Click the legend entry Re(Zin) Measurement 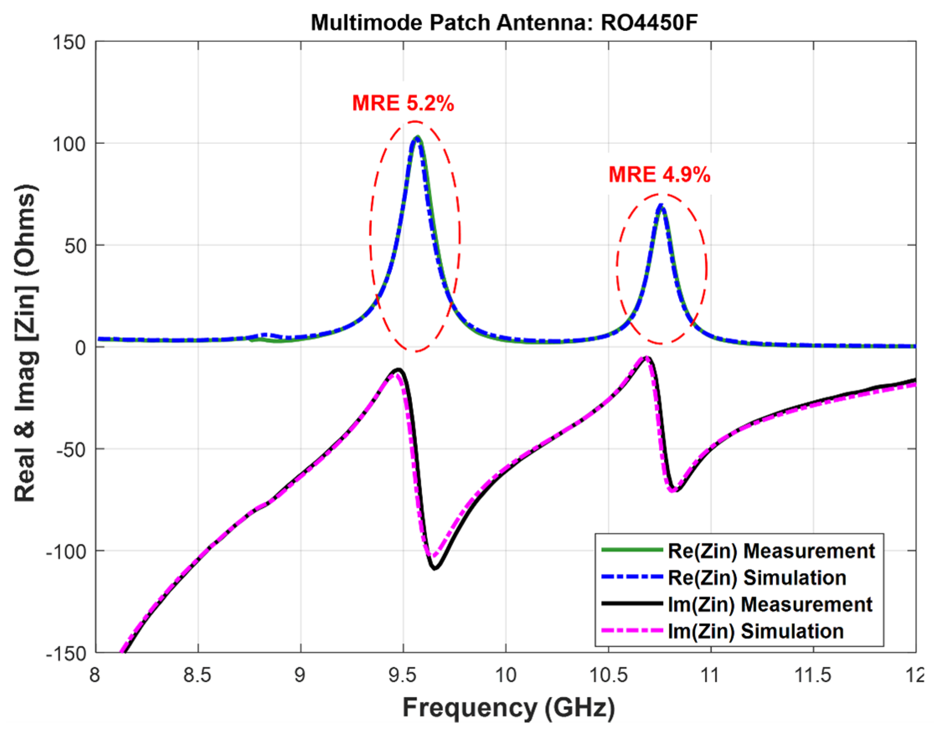[771, 551]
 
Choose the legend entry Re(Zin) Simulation [757, 578]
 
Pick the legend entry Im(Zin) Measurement [769, 604]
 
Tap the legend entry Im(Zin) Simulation [756, 631]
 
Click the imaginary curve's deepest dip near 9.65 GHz [435, 568]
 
